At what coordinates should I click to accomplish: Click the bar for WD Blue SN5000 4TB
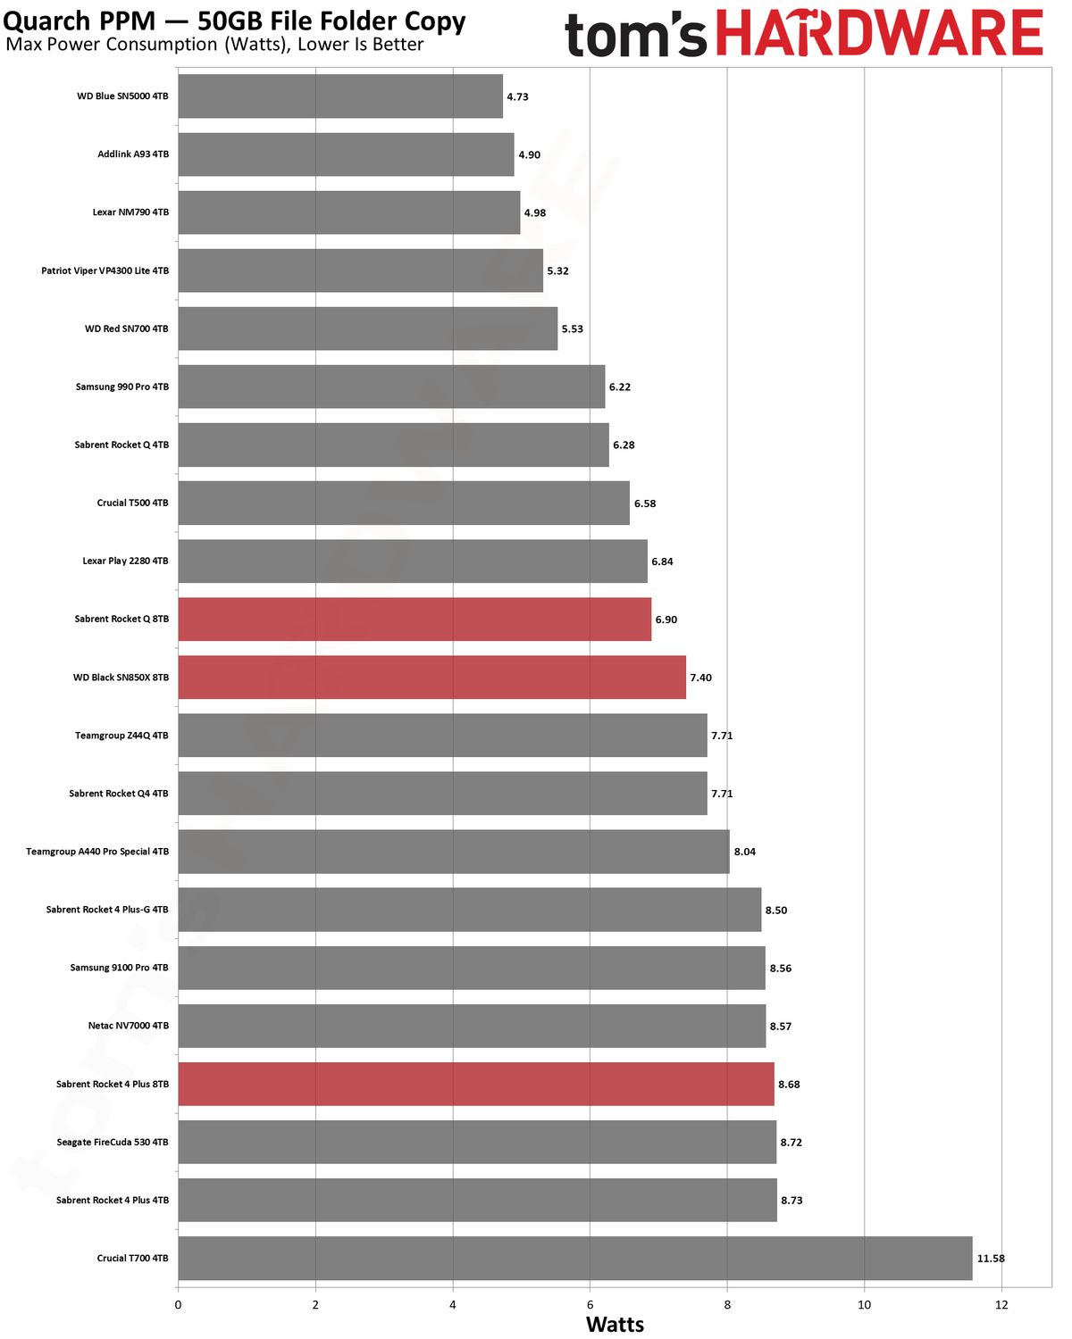[x=340, y=96]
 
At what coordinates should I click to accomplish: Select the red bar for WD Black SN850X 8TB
[x=431, y=677]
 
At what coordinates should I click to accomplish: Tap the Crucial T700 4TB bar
[x=575, y=1258]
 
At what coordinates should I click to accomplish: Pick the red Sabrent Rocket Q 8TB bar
[x=415, y=620]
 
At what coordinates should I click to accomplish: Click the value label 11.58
[x=991, y=1259]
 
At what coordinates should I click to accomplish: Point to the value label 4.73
[x=517, y=96]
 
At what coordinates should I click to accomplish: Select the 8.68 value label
[x=789, y=1085]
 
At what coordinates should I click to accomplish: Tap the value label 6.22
[x=620, y=387]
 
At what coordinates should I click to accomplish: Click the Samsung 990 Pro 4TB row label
[x=122, y=387]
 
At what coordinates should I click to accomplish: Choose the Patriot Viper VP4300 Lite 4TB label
[x=105, y=270]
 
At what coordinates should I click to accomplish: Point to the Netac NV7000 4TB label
[x=129, y=1026]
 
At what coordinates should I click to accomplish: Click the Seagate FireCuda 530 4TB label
[x=113, y=1142]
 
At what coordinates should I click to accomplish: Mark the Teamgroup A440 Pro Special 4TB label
[x=97, y=852]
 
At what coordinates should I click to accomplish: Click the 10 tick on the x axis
[x=864, y=1305]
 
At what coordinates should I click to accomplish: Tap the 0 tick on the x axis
[x=178, y=1305]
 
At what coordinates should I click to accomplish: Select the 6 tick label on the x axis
[x=590, y=1305]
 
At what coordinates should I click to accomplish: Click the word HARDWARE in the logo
[x=879, y=32]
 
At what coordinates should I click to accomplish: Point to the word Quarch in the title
[x=46, y=21]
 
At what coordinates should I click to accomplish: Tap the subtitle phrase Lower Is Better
[x=361, y=45]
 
